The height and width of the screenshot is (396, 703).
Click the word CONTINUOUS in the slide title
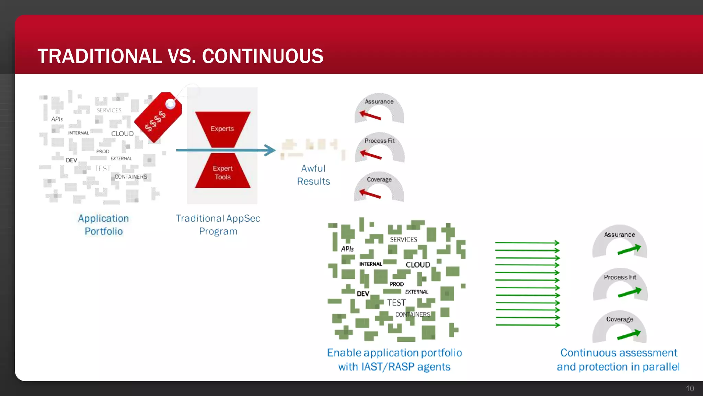pos(263,56)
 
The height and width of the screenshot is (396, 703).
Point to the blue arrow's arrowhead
pos(270,150)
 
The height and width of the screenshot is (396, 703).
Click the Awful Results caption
pos(313,175)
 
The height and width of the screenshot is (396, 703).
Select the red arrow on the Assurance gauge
pos(370,115)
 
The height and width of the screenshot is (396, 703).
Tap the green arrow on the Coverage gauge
pos(629,335)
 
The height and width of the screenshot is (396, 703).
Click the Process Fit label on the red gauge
pos(379,141)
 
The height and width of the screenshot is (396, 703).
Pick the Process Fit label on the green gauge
pos(620,277)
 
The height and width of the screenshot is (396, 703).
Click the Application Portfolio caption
pos(104,225)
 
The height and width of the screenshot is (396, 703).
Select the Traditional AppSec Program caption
pos(218,225)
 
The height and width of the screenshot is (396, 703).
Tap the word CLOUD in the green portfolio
pos(418,265)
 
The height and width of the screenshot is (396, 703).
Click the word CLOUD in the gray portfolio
pos(122,134)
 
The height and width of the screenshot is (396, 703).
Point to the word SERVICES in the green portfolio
pos(403,240)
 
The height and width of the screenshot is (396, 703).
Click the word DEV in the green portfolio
pos(363,294)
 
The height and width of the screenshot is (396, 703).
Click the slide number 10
pos(690,389)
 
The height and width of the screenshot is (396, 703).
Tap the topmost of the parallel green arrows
pos(527,243)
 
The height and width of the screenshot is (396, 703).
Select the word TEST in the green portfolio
pos(396,303)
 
